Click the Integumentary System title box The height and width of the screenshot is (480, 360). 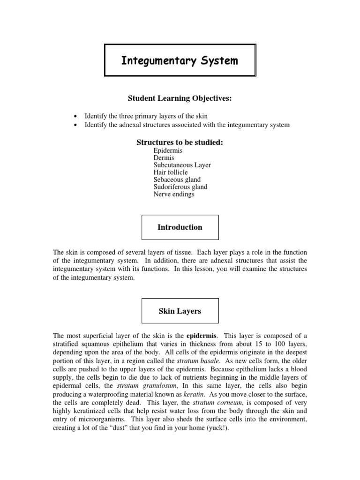[180, 60]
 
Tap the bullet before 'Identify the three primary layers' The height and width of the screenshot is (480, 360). [76, 116]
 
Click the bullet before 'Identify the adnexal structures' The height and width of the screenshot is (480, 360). [76, 125]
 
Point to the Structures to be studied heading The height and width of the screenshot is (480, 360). [180, 142]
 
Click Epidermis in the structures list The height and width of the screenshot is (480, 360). [167, 151]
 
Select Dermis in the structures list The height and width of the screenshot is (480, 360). [164, 158]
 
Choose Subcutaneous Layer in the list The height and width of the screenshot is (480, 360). [182, 165]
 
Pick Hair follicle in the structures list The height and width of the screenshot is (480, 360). [170, 172]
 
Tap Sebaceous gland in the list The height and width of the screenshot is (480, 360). [177, 180]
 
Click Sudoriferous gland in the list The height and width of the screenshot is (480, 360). [180, 187]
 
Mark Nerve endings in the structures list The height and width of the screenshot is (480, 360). [173, 194]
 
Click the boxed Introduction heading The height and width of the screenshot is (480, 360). [180, 227]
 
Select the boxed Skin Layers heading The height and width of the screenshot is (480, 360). [180, 311]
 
